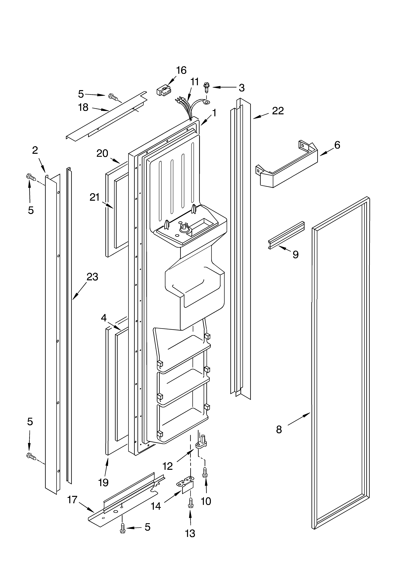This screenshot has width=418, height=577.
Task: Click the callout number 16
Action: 181,70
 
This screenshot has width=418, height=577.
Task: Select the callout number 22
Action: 278,111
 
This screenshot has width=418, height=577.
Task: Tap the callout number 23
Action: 92,277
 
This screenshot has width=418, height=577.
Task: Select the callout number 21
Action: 94,197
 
